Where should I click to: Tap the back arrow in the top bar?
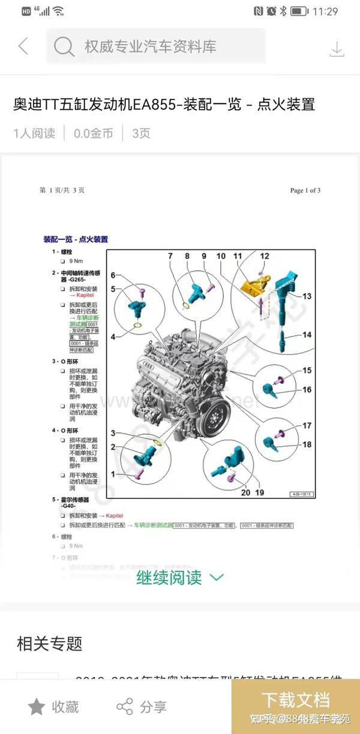[x=23, y=46]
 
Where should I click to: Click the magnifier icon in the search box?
[x=64, y=46]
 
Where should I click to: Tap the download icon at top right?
[x=337, y=49]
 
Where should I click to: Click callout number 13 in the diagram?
[x=307, y=296]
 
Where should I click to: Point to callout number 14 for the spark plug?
[x=307, y=335]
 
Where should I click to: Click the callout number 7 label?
[x=170, y=256]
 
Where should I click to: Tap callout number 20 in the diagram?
[x=245, y=492]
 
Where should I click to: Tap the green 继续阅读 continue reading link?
[x=179, y=577]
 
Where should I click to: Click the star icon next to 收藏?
[x=37, y=706]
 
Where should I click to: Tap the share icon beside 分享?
[x=125, y=706]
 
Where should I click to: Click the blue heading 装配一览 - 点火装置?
[x=76, y=239]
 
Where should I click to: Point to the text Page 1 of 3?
[x=305, y=191]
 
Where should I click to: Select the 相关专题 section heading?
[x=49, y=645]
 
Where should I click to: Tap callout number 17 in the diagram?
[x=307, y=426]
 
